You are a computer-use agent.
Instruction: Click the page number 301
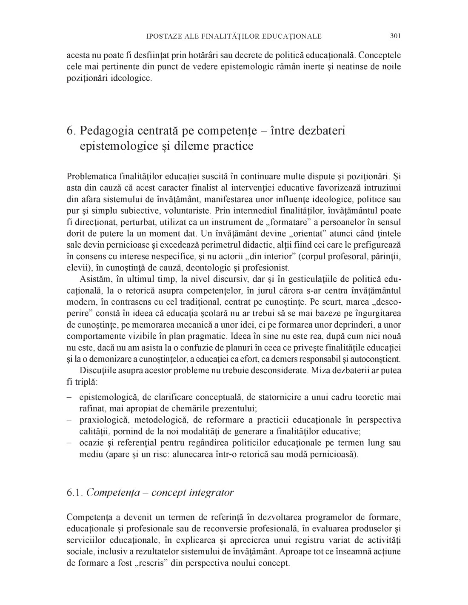(395, 36)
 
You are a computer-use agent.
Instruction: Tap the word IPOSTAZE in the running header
(164, 37)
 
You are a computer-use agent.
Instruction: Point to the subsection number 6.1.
(75, 493)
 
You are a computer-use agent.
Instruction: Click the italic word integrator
(211, 493)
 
